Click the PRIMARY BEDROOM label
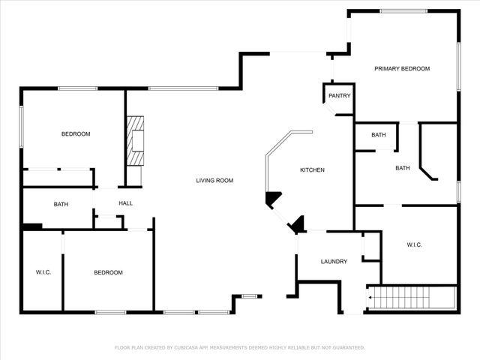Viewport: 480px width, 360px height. pyautogui.click(x=402, y=68)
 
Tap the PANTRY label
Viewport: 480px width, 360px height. pyautogui.click(x=340, y=96)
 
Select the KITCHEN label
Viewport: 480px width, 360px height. pyautogui.click(x=312, y=170)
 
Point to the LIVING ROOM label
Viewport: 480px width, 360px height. pyautogui.click(x=214, y=180)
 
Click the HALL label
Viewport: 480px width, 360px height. pyautogui.click(x=125, y=203)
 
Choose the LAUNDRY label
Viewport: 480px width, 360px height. pyautogui.click(x=334, y=262)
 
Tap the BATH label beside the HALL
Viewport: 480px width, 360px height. pyautogui.click(x=61, y=204)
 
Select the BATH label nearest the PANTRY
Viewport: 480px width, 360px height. pyautogui.click(x=379, y=135)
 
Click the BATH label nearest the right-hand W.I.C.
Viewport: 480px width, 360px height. pyautogui.click(x=403, y=168)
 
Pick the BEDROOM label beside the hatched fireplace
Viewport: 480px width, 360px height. pyautogui.click(x=76, y=134)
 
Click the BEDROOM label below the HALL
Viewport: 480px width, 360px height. pyautogui.click(x=108, y=272)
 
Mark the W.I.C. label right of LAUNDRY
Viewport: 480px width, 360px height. pyautogui.click(x=415, y=244)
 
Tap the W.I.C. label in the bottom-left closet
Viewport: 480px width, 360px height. pyautogui.click(x=43, y=271)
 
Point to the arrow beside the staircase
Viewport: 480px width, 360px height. pyautogui.click(x=370, y=298)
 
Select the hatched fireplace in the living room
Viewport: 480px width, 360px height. pyautogui.click(x=135, y=141)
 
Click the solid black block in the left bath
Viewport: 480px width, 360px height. pyautogui.click(x=32, y=226)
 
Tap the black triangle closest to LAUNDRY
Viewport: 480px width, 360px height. pyautogui.click(x=297, y=223)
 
